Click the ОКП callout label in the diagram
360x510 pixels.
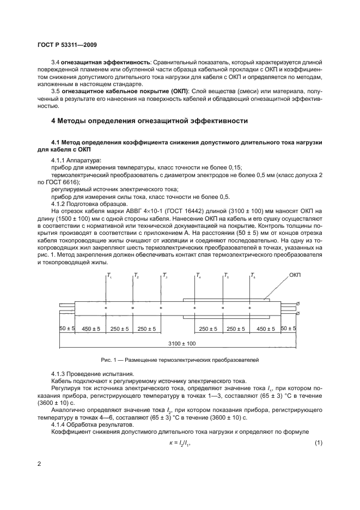[x=295, y=276]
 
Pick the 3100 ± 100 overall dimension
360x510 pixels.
[x=179, y=344]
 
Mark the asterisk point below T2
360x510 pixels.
[x=133, y=308]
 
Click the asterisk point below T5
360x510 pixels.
[x=223, y=308]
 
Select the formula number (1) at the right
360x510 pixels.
[x=319, y=442]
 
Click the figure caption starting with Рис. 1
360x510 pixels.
[x=179, y=361]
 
